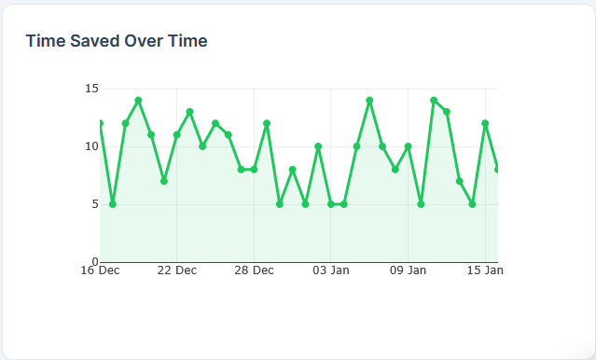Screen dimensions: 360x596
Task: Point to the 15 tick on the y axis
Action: click(91, 89)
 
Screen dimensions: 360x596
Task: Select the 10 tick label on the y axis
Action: click(91, 146)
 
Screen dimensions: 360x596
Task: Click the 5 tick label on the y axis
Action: click(94, 203)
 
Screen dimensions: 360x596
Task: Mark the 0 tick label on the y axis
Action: click(94, 261)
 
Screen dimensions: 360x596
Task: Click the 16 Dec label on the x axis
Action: click(100, 271)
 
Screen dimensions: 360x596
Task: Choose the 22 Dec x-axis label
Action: click(176, 271)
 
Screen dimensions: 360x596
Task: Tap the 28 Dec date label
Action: click(254, 271)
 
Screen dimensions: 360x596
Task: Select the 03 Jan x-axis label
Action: click(331, 271)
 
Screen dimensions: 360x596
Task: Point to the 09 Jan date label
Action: click(408, 271)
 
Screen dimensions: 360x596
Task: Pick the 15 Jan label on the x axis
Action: click(485, 271)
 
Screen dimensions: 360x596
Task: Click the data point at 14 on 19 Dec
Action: click(138, 100)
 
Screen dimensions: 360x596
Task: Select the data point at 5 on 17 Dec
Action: click(113, 203)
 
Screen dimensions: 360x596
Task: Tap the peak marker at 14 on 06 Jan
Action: click(369, 100)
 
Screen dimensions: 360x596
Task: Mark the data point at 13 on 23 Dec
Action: click(189, 112)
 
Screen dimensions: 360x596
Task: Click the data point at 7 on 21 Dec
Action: click(164, 181)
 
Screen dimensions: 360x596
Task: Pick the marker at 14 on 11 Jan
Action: click(434, 100)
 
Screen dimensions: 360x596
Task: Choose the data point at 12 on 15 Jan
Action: click(485, 123)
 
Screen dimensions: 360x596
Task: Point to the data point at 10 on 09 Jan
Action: click(408, 146)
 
